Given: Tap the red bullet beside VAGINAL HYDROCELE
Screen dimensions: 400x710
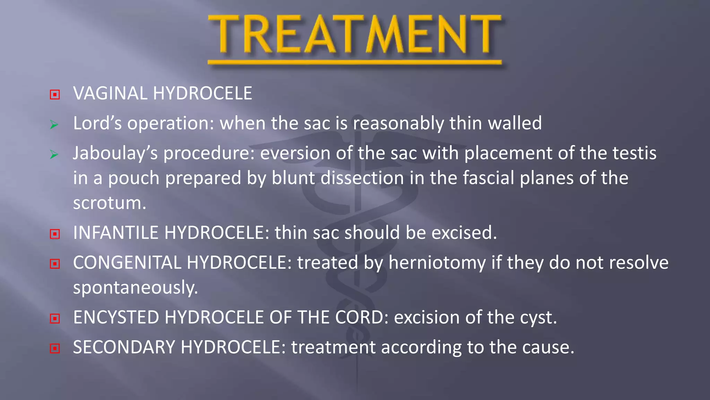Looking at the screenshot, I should click(55, 94).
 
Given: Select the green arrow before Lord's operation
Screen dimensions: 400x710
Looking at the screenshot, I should click(54, 125).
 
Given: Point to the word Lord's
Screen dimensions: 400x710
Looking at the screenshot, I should click(97, 123).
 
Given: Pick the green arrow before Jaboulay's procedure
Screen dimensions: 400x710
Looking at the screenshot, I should click(54, 154).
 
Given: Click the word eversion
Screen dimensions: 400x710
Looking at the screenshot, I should click(295, 153).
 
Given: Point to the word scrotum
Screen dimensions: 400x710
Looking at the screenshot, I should click(109, 203).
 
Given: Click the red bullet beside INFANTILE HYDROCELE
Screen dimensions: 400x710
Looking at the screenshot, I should click(55, 234).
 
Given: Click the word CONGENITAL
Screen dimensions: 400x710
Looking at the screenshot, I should click(127, 262).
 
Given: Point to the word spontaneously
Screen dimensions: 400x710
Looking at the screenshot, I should click(135, 288).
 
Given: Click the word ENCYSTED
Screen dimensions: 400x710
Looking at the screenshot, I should click(116, 317).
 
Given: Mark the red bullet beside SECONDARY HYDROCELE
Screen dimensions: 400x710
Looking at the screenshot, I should click(55, 348).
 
